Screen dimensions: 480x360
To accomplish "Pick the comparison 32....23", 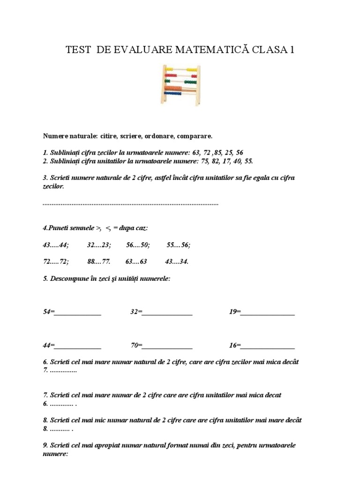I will [x=99, y=245].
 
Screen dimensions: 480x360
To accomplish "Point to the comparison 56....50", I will [x=138, y=245].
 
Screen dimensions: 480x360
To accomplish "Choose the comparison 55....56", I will [x=179, y=245].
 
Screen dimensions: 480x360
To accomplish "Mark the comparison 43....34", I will [x=177, y=262].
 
